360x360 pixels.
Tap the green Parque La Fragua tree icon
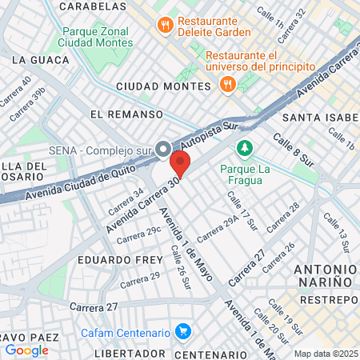[x=244, y=149]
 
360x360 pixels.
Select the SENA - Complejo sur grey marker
[x=164, y=150]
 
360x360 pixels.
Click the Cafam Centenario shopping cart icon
[x=183, y=331]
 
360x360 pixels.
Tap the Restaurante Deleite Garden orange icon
[x=166, y=25]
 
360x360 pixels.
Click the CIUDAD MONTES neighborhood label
[x=162, y=86]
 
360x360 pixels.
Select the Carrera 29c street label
[x=138, y=234]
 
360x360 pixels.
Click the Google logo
[x=26, y=350]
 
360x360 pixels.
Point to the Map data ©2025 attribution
[x=326, y=354]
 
